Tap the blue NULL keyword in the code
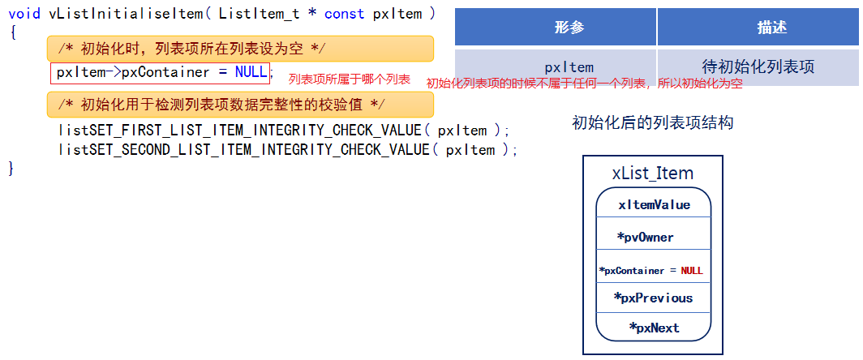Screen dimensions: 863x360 pyautogui.click(x=251, y=72)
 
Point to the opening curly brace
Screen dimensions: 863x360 pyautogui.click(x=12, y=32)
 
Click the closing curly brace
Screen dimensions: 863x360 pyautogui.click(x=11, y=168)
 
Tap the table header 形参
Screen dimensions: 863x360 pyautogui.click(x=569, y=28)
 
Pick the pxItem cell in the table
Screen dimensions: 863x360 pyautogui.click(x=569, y=67)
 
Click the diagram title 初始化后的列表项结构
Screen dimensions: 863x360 pyautogui.click(x=653, y=123)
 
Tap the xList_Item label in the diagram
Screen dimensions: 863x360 pyautogui.click(x=653, y=173)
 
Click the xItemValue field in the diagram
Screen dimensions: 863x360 pyautogui.click(x=654, y=205)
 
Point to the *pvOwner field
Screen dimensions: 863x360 pyautogui.click(x=645, y=238)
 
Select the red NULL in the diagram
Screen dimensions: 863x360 pyautogui.click(x=692, y=270)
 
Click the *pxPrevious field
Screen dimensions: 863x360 pyautogui.click(x=653, y=298)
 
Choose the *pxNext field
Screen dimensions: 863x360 pyautogui.click(x=654, y=328)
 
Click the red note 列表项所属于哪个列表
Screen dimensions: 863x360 pyautogui.click(x=350, y=79)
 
